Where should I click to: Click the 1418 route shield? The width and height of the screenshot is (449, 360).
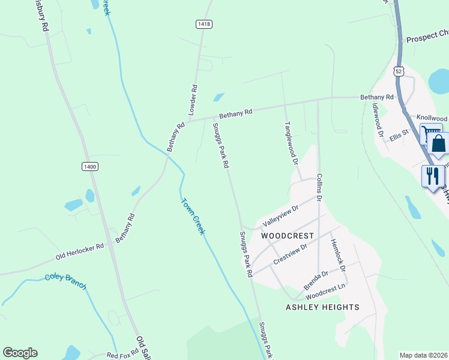pyautogui.click(x=203, y=23)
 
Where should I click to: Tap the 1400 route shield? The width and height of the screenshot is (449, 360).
pyautogui.click(x=90, y=166)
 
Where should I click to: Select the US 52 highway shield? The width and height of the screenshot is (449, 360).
pyautogui.click(x=399, y=71)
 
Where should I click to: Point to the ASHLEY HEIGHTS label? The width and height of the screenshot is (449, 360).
pyautogui.click(x=322, y=307)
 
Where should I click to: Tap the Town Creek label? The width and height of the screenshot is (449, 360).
pyautogui.click(x=192, y=216)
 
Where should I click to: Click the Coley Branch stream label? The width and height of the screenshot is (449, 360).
pyautogui.click(x=65, y=281)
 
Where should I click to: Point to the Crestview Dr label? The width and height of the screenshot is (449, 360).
pyautogui.click(x=291, y=253)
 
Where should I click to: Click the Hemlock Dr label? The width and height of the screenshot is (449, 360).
pyautogui.click(x=338, y=256)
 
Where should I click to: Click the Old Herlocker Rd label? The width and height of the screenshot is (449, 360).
pyautogui.click(x=80, y=251)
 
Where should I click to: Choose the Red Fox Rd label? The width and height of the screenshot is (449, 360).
pyautogui.click(x=122, y=355)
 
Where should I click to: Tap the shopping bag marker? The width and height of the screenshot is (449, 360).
pyautogui.click(x=438, y=145)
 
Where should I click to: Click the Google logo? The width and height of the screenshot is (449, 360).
pyautogui.click(x=20, y=353)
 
